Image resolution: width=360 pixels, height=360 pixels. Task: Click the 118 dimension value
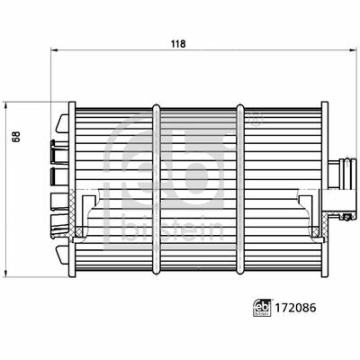[178, 44]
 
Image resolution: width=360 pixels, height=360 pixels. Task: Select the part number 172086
[295, 308]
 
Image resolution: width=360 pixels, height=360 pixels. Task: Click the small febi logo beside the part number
[262, 308]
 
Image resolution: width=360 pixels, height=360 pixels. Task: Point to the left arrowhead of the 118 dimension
[54, 50]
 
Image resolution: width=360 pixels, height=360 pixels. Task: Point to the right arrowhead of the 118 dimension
[353, 50]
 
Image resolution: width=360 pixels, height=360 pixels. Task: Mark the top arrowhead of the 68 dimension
[6, 105]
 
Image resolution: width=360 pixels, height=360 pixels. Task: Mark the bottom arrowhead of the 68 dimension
[6, 273]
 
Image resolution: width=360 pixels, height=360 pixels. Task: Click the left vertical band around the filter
[157, 189]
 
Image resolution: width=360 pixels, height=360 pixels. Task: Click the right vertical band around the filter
[240, 189]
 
